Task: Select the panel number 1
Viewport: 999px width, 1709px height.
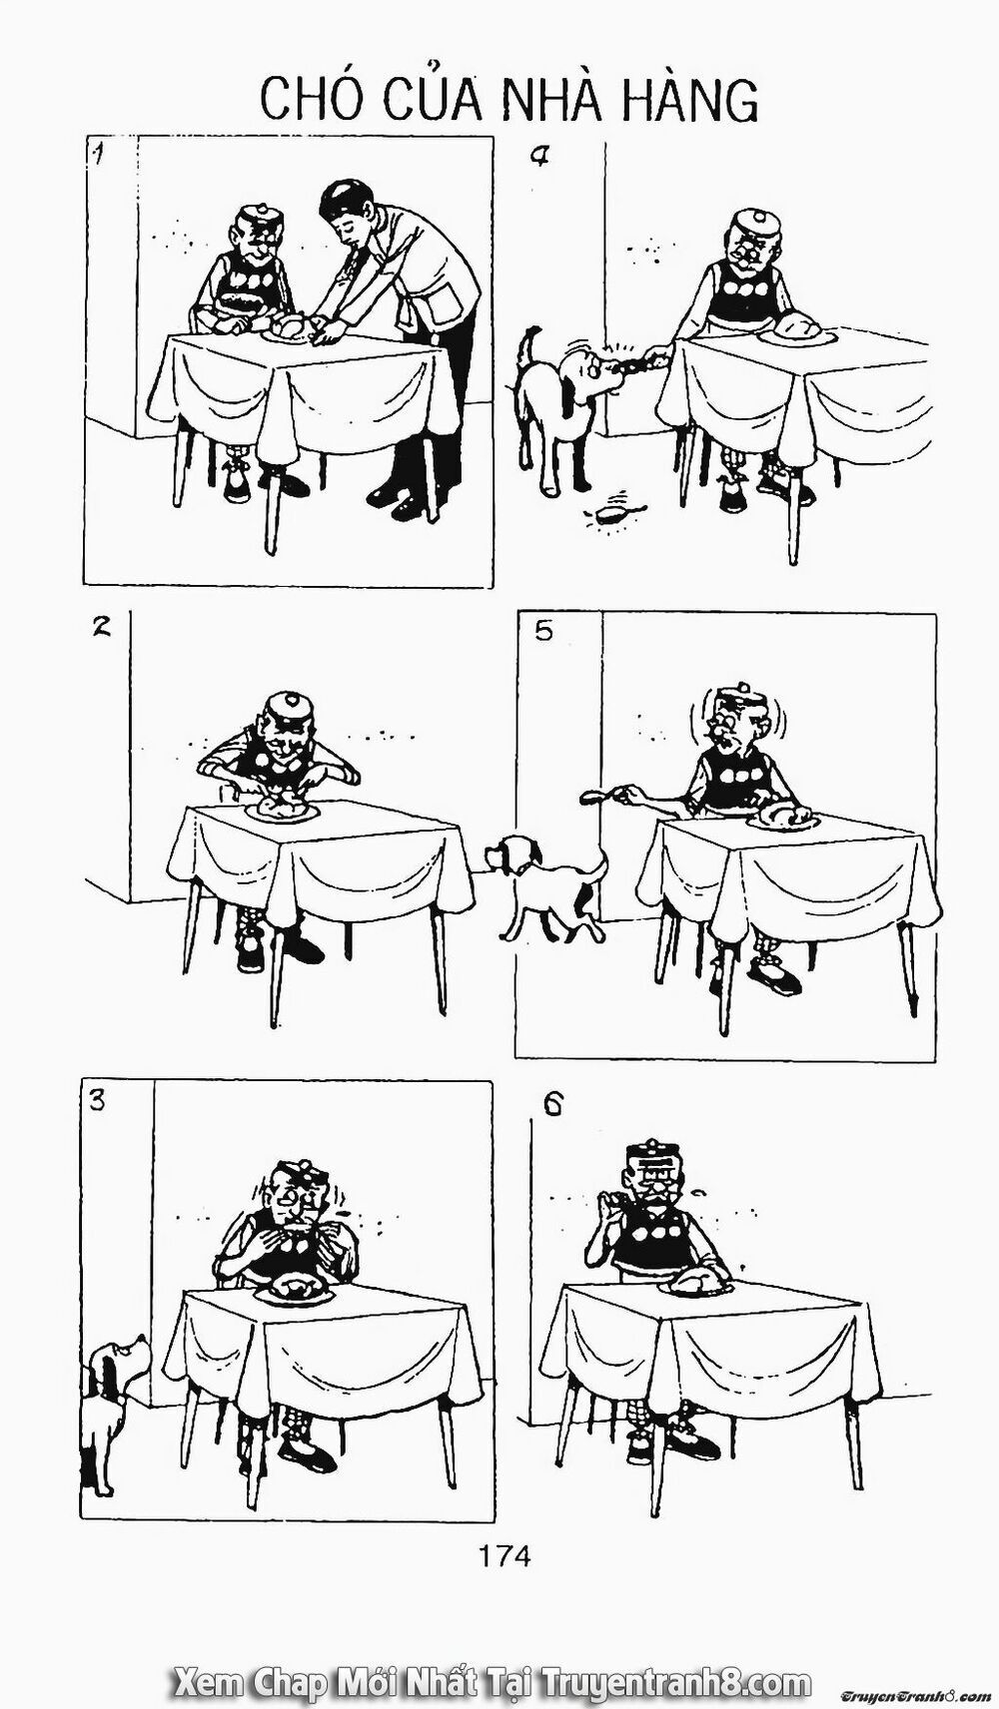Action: pyautogui.click(x=98, y=155)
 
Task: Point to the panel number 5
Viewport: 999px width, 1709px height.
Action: pyautogui.click(x=542, y=631)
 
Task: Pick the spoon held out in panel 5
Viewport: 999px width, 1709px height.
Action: pyautogui.click(x=593, y=797)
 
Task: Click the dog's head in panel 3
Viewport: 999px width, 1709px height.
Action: pyautogui.click(x=118, y=1360)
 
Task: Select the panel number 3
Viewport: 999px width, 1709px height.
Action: pyautogui.click(x=97, y=1101)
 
